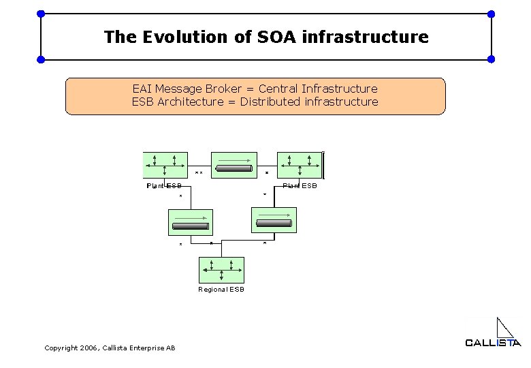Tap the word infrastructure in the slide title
[x=365, y=37]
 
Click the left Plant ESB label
[x=164, y=186]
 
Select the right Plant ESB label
[x=300, y=186]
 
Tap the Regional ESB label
[x=221, y=290]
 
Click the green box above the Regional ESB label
[x=221, y=270]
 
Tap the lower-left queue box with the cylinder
[x=191, y=222]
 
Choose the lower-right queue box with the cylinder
[x=274, y=220]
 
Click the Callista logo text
[x=493, y=343]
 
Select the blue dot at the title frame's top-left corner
[x=41, y=14]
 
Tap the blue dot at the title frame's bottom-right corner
[x=492, y=59]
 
